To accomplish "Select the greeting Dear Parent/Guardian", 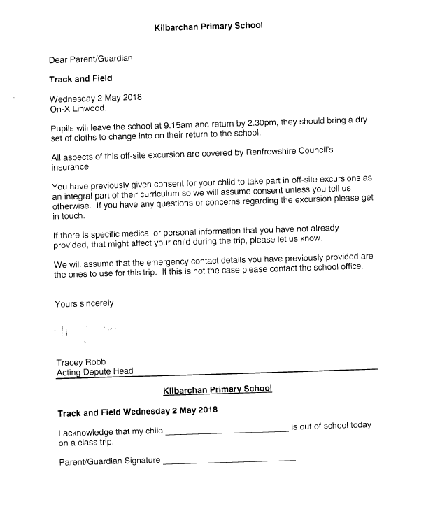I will tap(90, 60).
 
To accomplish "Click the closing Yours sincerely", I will tap(84, 303).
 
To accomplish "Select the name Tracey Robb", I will tap(81, 362).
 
